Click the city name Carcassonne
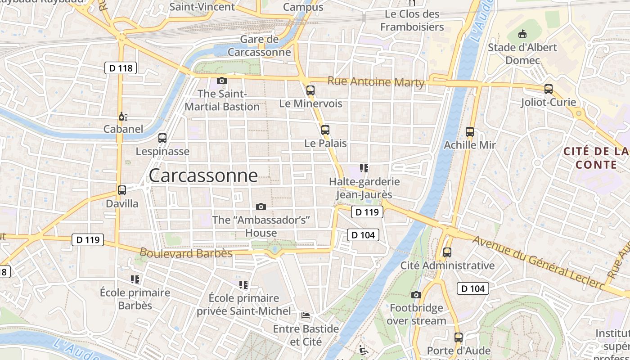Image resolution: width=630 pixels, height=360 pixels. pos(203,175)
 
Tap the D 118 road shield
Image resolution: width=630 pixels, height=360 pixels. pos(121,68)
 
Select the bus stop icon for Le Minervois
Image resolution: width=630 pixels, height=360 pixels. pos(310,90)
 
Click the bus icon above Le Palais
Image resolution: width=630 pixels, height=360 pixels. pos(325,130)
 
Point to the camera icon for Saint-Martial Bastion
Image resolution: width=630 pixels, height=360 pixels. pos(221,81)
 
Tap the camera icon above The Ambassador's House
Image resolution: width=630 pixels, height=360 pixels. pos(261,207)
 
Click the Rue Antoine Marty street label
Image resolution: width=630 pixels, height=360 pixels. pos(376,82)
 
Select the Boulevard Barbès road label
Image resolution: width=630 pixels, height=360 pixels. pos(186,253)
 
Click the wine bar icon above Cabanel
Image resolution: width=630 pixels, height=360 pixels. pos(123,117)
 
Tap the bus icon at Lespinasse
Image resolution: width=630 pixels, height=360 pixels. pos(162,138)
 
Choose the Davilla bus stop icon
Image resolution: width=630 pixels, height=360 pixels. pos(121,190)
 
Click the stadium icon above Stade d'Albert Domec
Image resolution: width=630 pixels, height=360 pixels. pos(522,34)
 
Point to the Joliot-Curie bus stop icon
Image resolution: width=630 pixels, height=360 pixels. pos(548,89)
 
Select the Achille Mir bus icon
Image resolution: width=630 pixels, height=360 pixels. pos(470,132)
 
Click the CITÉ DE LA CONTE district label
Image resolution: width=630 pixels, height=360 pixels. pos(596,158)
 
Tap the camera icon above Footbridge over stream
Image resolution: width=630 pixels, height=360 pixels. pos(416,295)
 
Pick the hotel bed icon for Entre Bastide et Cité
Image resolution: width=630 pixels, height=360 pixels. pos(306,315)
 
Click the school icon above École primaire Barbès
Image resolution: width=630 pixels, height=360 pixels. pos(135,279)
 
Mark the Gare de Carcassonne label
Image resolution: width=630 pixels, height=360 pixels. pos(259,45)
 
